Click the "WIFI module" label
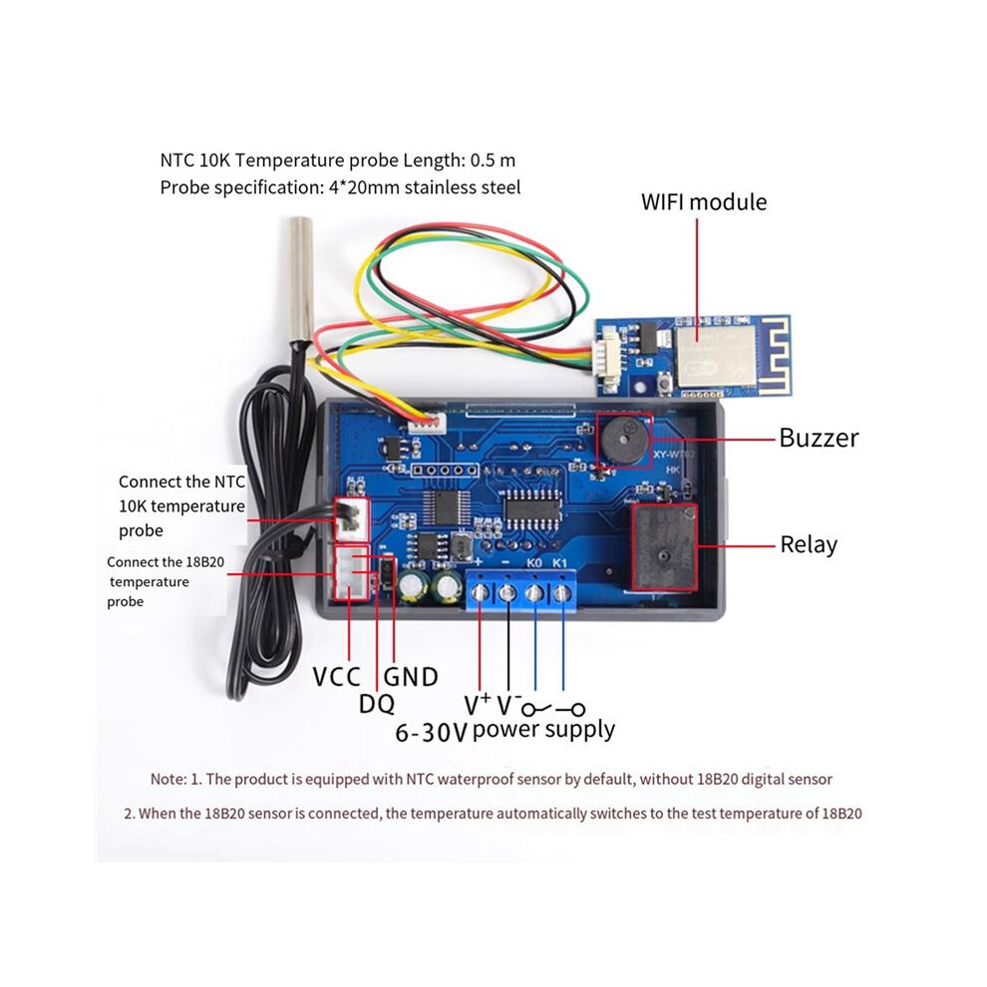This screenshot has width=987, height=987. (x=704, y=202)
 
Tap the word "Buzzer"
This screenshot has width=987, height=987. (x=819, y=438)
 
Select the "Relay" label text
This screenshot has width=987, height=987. (x=809, y=545)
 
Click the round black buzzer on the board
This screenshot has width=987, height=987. (x=624, y=440)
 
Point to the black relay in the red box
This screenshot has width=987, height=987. (x=664, y=547)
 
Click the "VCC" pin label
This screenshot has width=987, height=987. (x=336, y=677)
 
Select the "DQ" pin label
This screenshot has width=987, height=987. (x=377, y=704)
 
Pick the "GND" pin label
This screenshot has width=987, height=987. (x=411, y=677)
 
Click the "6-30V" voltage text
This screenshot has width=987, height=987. (x=431, y=733)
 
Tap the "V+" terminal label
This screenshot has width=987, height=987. (x=478, y=705)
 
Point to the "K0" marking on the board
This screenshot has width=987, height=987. (x=533, y=562)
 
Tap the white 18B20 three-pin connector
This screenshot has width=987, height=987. (x=351, y=573)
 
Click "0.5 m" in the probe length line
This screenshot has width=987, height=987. (x=493, y=161)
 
